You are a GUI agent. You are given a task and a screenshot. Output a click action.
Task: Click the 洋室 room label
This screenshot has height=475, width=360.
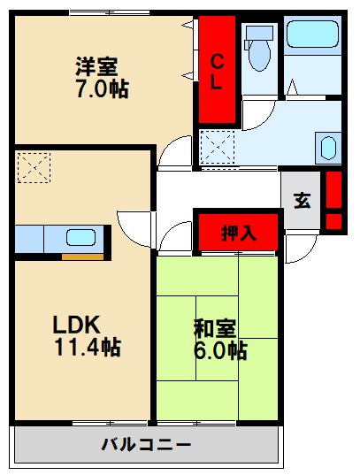pos(96,66)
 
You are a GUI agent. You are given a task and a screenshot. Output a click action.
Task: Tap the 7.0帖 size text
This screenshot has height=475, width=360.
pos(102,89)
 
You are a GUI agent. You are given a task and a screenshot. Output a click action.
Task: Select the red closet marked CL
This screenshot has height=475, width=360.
pos(217,70)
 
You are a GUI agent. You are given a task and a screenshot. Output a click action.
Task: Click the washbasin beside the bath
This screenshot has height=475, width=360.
pos(326,147)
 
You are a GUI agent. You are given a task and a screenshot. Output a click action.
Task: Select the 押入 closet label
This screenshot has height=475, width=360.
pos(238,234)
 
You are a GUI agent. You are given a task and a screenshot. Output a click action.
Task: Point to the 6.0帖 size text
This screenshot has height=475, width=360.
pos(220,350)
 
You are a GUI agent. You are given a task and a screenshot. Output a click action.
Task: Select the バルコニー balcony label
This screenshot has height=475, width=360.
pos(145,443)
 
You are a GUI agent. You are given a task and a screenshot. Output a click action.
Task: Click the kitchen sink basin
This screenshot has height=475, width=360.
pos(80,237)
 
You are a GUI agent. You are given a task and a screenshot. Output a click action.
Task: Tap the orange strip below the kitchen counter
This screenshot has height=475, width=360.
pos(82,257)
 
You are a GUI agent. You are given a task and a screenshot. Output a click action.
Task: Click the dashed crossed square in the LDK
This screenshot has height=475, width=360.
pos(34,167)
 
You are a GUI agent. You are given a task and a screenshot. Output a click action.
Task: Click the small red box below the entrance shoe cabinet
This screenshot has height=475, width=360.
pos(333,220)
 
